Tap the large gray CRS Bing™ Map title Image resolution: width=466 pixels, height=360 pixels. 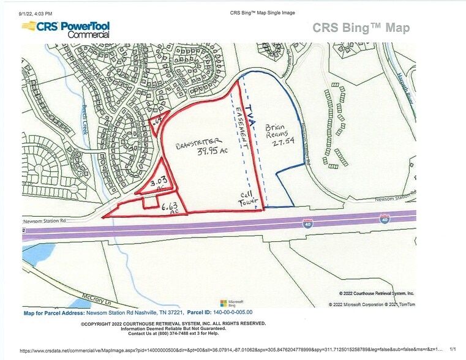tap(361, 28)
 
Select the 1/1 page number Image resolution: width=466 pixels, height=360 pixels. tap(453, 351)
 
